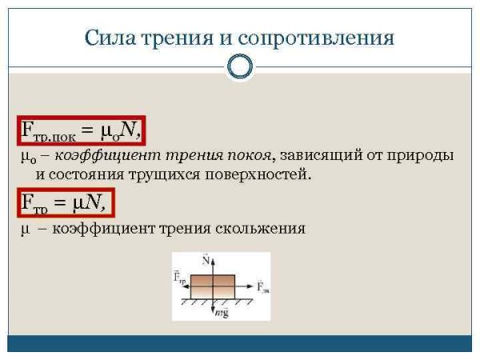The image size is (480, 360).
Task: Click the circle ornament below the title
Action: (x=240, y=66)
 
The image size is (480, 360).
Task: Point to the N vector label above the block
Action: (x=206, y=260)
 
